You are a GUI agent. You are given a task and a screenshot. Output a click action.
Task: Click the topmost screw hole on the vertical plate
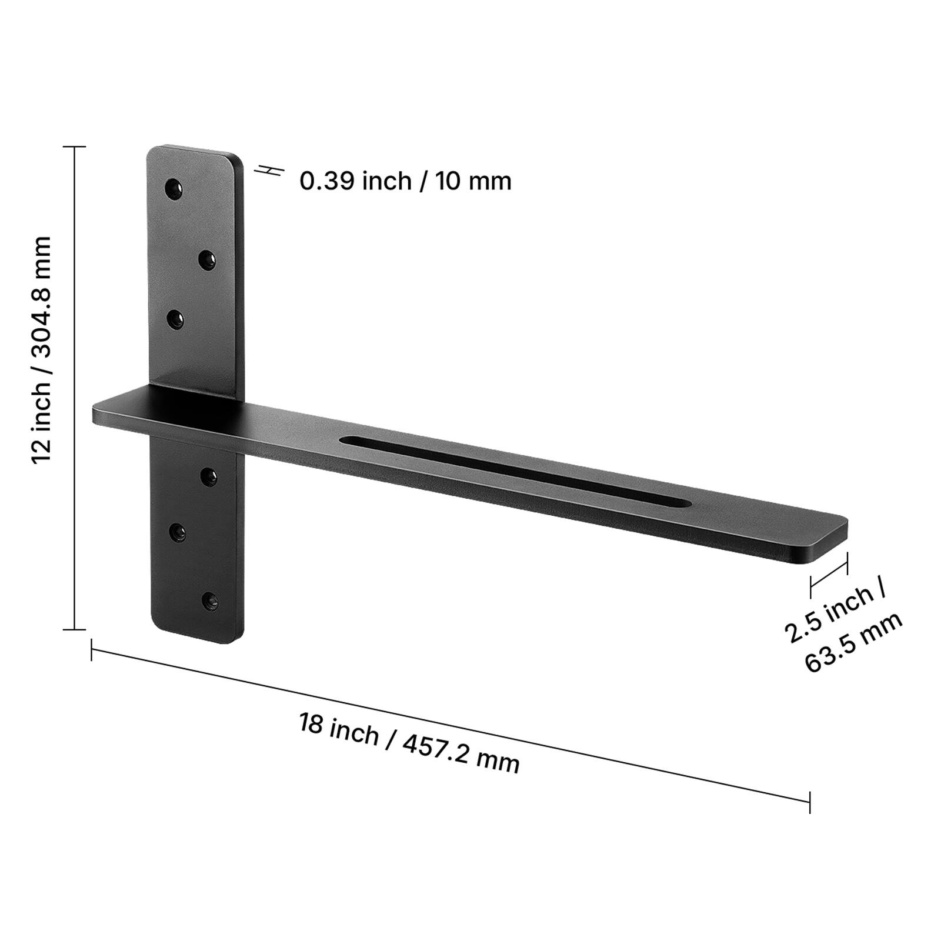pyautogui.click(x=173, y=190)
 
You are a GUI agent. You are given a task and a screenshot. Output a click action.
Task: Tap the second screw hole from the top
pyautogui.click(x=206, y=259)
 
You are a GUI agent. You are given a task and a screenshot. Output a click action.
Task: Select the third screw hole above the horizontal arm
pyautogui.click(x=175, y=320)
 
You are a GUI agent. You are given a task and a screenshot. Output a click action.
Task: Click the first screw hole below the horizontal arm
pyautogui.click(x=209, y=476)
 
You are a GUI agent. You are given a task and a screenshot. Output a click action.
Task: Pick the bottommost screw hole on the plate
pyautogui.click(x=209, y=600)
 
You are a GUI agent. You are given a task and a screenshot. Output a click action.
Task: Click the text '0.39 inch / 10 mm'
pyautogui.click(x=405, y=181)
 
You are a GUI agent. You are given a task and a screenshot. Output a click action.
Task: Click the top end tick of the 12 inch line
pyautogui.click(x=74, y=147)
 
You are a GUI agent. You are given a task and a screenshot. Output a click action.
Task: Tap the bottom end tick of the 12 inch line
pyautogui.click(x=74, y=629)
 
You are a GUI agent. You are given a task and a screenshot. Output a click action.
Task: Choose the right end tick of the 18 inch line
pyautogui.click(x=810, y=802)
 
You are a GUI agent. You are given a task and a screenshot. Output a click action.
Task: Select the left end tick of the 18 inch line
pyautogui.click(x=91, y=650)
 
